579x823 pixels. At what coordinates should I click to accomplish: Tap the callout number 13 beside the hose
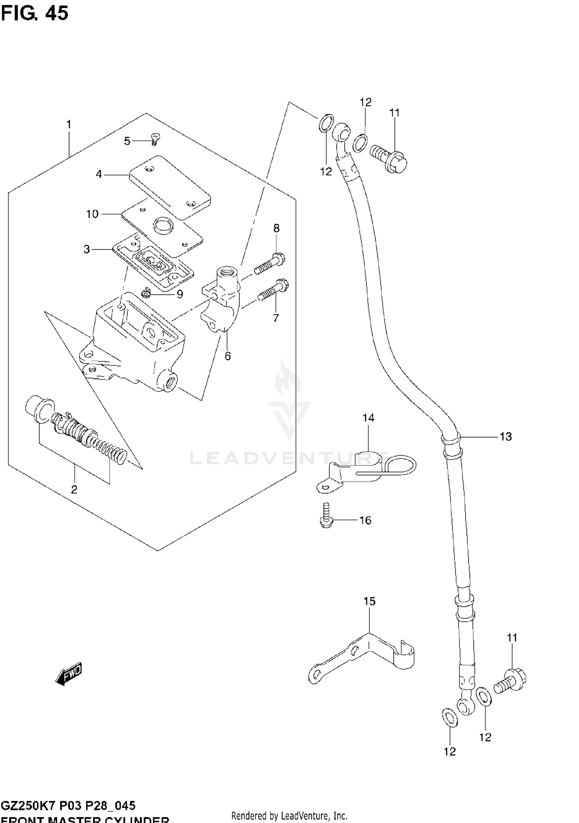[505, 436]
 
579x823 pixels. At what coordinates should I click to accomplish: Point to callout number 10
[92, 214]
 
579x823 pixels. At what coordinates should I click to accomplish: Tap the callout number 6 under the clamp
[227, 356]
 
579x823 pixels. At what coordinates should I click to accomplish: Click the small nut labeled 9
[146, 294]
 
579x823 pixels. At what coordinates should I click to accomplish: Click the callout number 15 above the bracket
[369, 601]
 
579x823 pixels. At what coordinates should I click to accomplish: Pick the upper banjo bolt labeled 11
[389, 160]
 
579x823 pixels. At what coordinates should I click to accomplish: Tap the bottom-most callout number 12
[450, 752]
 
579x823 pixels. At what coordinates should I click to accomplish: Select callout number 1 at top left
[69, 125]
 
